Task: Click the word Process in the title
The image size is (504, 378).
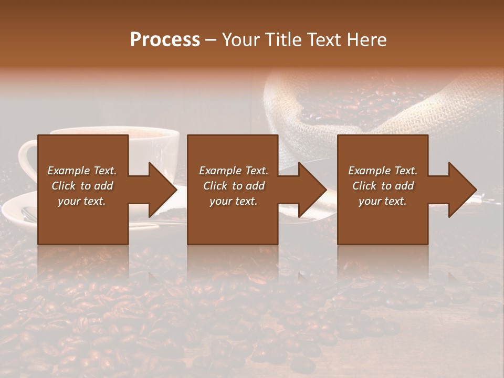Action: tap(165, 40)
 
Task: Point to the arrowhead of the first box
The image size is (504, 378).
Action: tap(162, 190)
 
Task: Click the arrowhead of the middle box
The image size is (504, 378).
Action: tap(312, 190)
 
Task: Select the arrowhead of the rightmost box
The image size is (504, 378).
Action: tap(463, 190)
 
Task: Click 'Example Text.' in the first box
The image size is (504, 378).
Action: tap(82, 171)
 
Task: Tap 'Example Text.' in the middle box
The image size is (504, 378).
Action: tap(234, 171)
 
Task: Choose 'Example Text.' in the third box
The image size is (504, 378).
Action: tap(383, 171)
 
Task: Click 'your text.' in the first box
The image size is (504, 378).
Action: tap(82, 201)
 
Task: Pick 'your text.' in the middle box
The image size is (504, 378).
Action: tap(234, 201)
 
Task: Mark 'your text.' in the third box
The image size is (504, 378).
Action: tap(383, 201)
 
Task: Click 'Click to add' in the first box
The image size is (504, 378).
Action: tap(82, 186)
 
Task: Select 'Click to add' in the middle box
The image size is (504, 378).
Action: tap(234, 186)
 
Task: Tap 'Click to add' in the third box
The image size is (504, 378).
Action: tap(383, 186)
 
